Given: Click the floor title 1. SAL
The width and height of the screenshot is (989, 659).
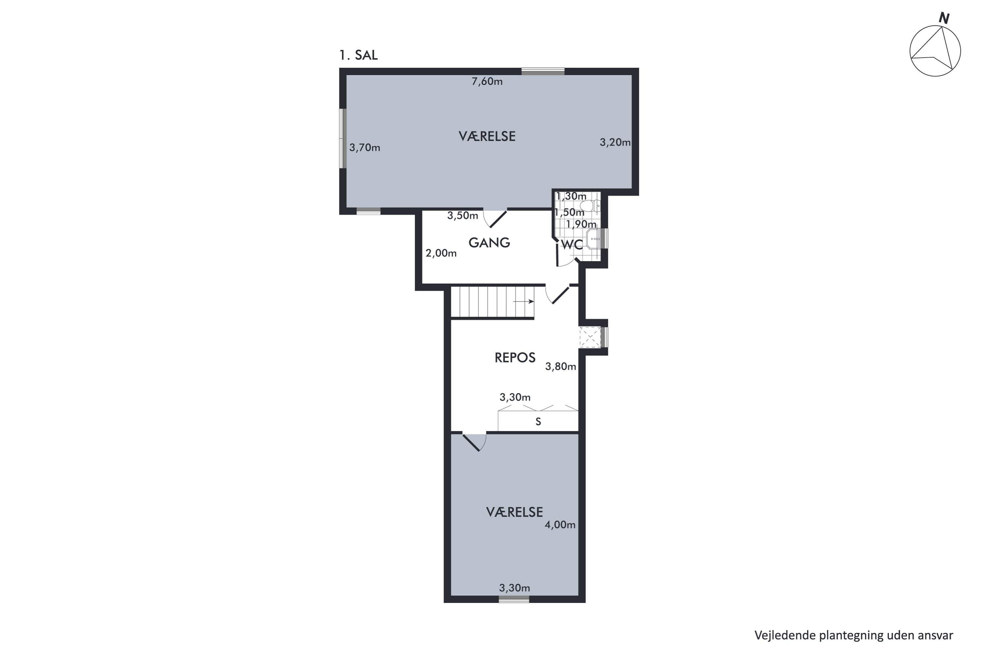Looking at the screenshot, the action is click(358, 55).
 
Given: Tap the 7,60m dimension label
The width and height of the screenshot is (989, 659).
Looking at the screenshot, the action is click(487, 81).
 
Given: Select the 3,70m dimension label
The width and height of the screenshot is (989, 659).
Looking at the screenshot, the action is click(365, 148).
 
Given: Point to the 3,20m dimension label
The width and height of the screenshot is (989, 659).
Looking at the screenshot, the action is click(615, 142).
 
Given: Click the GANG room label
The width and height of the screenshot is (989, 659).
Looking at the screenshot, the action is click(489, 243).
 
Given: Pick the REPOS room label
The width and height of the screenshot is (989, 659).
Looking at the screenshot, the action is click(515, 357).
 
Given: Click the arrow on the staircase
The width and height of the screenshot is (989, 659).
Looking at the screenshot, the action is click(524, 301).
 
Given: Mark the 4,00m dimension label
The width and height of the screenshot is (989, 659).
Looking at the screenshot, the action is click(560, 525).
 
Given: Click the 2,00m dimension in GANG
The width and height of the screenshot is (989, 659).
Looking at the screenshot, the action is click(441, 253).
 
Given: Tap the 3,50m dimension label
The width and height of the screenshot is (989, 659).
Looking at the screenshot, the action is click(463, 215).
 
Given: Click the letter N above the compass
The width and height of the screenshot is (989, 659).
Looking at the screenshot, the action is click(944, 18).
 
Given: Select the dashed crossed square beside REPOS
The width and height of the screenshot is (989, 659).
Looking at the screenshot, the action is click(590, 337).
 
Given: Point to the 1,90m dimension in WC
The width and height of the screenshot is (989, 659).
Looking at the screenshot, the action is click(581, 224).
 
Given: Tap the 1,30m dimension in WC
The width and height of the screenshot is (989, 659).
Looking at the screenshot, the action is click(571, 196).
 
